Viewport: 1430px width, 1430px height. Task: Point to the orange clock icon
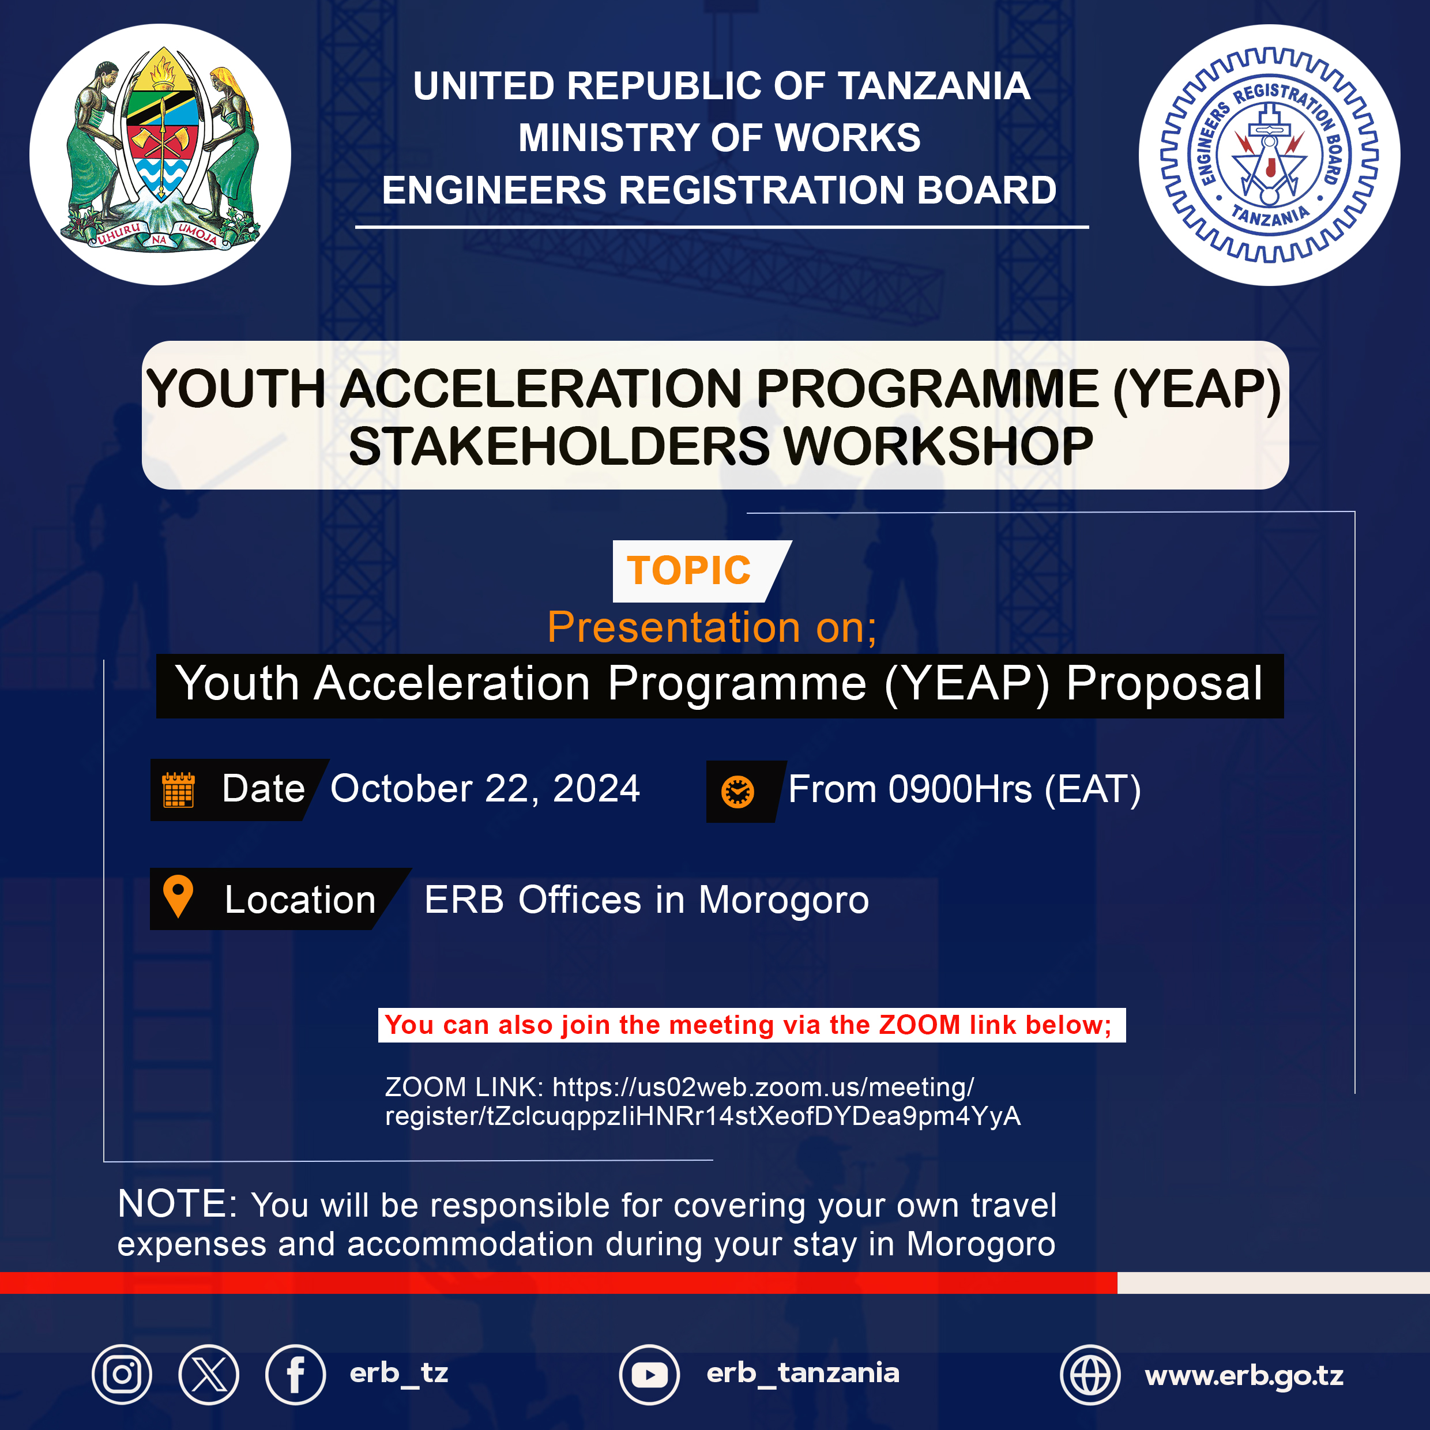pyautogui.click(x=737, y=792)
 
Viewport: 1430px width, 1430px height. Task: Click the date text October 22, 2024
pyautogui.click(x=485, y=788)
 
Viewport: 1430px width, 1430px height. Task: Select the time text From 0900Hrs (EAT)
pyautogui.click(x=965, y=789)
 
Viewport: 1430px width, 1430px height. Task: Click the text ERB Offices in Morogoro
pyautogui.click(x=646, y=900)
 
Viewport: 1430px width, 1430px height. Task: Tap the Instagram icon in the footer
pyautogui.click(x=122, y=1375)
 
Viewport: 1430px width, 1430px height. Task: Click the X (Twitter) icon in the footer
pyautogui.click(x=209, y=1375)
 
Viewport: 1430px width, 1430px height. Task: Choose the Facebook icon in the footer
pyautogui.click(x=295, y=1375)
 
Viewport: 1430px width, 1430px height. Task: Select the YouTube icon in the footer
pyautogui.click(x=649, y=1375)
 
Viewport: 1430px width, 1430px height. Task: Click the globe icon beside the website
pyautogui.click(x=1090, y=1375)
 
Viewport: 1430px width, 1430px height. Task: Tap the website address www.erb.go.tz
pyautogui.click(x=1244, y=1376)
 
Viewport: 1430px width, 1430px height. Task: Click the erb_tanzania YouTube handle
pyautogui.click(x=803, y=1373)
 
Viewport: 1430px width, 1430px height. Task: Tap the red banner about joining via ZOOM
pyautogui.click(x=752, y=1025)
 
